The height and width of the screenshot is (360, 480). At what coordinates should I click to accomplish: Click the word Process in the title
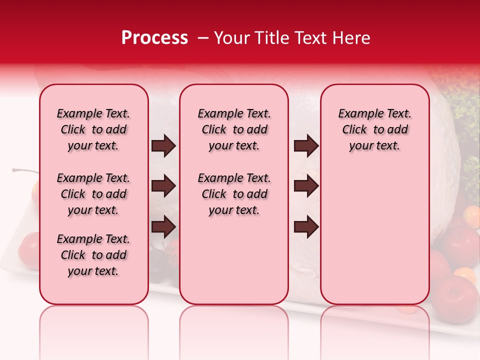click(x=154, y=38)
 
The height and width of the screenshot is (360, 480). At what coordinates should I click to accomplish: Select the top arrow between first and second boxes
click(x=163, y=146)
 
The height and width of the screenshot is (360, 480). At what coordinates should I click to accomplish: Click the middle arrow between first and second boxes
click(x=163, y=186)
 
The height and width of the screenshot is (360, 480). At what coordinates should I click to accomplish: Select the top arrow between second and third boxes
click(x=306, y=146)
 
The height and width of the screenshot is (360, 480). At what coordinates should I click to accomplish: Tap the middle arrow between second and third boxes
click(x=306, y=186)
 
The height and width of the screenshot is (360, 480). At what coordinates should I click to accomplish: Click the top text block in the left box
click(x=93, y=129)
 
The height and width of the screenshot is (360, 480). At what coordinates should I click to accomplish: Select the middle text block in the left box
click(x=93, y=194)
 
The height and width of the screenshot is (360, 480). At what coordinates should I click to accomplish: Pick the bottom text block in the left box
click(x=93, y=255)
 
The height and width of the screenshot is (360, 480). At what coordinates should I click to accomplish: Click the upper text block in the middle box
click(x=234, y=129)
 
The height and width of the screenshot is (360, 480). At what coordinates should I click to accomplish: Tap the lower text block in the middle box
click(x=234, y=194)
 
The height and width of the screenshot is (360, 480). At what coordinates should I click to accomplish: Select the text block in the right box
click(x=375, y=129)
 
